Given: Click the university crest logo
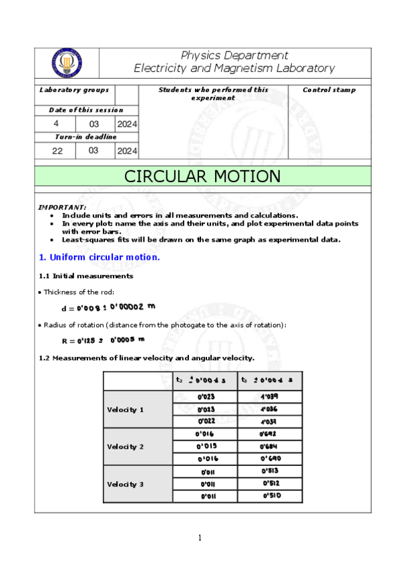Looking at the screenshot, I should [x=67, y=63].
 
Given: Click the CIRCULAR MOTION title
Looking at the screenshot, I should [x=202, y=176].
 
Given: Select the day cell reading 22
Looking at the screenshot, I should [x=57, y=151].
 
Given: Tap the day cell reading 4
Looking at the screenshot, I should [x=56, y=123].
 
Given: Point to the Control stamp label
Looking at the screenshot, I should [x=329, y=90].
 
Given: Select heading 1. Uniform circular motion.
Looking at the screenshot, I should [x=99, y=257].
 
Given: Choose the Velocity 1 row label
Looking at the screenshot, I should [x=126, y=409].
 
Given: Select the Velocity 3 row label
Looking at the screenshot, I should [x=126, y=484].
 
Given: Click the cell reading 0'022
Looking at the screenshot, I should [x=206, y=421].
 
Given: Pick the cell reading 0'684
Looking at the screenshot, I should [x=270, y=446].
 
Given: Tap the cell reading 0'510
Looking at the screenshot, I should [x=270, y=496].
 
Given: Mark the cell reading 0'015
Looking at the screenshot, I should [x=206, y=446].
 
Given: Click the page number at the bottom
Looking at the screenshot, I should [x=200, y=538].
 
